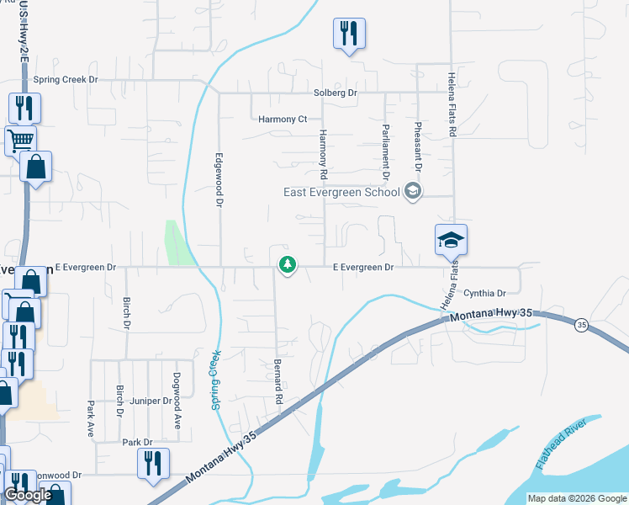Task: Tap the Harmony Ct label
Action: coord(283,120)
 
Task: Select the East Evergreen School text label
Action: coord(341,192)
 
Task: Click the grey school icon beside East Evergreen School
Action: coord(412,192)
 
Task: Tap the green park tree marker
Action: coord(288,266)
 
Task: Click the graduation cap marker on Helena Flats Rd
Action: coord(451,241)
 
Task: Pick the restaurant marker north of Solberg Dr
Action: coord(350,34)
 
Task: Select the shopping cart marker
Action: coord(20,139)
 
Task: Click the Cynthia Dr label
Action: coord(484,294)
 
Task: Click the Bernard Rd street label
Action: coord(277,381)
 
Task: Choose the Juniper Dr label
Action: coord(151,401)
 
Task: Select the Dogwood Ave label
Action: coord(177,401)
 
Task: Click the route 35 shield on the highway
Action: coord(580,324)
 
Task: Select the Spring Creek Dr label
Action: coord(66,80)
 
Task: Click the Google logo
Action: coord(28,495)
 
